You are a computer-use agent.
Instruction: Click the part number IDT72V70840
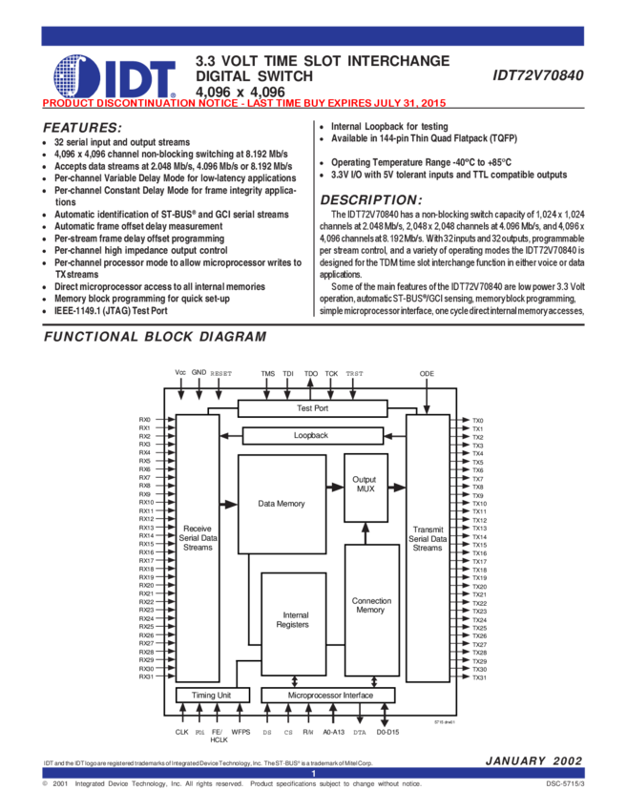[538, 75]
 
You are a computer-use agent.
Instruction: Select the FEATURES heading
[82, 128]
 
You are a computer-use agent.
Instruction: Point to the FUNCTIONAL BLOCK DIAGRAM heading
[156, 337]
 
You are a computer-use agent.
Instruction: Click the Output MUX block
[366, 484]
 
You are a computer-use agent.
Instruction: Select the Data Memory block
[282, 503]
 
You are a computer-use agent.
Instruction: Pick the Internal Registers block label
[293, 620]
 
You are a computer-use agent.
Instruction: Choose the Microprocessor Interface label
[331, 696]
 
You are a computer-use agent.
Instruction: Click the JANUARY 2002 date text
[533, 760]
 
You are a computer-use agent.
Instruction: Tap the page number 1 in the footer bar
[312, 774]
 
